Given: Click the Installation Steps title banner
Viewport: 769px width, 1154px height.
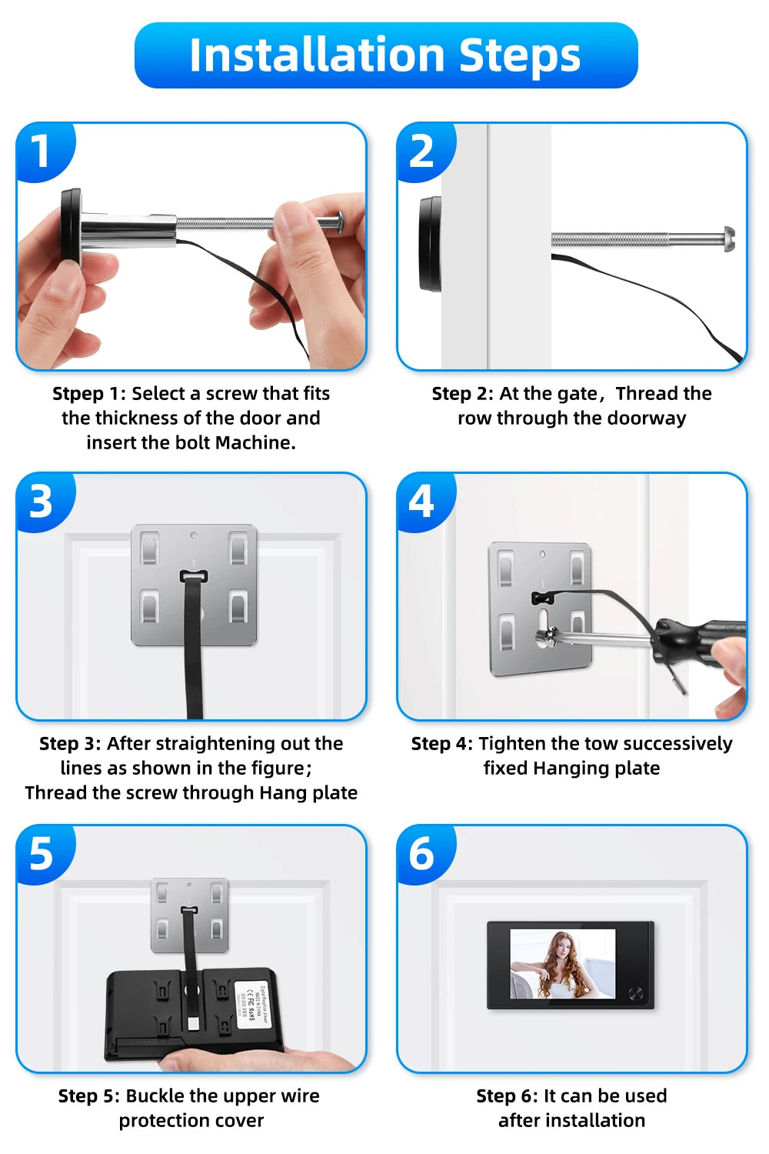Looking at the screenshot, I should point(385,55).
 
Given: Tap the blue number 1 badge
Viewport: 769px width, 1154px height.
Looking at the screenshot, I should point(42,151).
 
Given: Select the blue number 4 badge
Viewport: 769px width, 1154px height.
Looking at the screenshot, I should point(421,502).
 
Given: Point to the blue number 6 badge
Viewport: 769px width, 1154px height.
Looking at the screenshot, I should point(421,854).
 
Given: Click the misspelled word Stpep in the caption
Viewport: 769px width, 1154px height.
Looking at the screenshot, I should point(78,394).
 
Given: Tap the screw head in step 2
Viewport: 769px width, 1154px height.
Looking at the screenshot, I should point(728,239).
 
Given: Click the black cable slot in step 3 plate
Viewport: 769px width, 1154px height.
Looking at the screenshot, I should point(194,576).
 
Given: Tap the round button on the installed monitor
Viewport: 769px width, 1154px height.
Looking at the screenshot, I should point(636,993).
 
